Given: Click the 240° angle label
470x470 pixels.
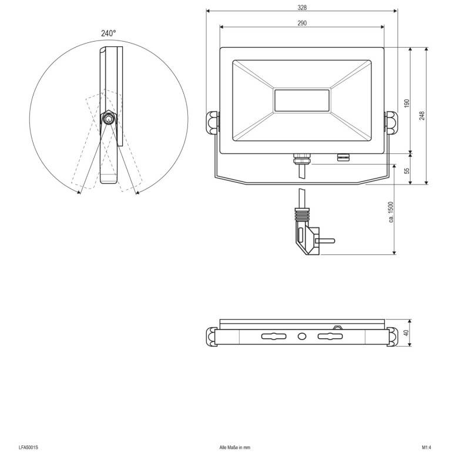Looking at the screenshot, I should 108,34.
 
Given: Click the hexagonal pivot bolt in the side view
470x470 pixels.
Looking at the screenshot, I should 109,119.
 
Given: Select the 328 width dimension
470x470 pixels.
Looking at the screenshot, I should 302,8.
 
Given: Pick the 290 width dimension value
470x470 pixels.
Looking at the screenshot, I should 302,23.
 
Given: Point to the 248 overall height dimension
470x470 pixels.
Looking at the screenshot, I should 422,115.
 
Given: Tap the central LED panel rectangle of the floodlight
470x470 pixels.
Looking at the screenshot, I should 301,100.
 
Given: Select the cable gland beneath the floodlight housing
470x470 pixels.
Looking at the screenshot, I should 301,159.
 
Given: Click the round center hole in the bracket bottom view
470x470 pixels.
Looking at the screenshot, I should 302,337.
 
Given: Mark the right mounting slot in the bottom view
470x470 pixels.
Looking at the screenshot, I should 330,337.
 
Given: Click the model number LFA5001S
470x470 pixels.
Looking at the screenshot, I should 28,448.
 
